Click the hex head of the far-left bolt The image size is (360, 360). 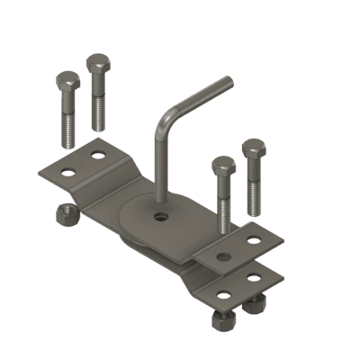(x=67, y=82)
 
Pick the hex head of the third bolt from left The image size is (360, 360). (x=223, y=166)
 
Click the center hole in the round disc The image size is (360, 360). (x=160, y=217)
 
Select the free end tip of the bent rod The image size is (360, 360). (x=229, y=83)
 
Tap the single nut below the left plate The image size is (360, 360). (x=65, y=214)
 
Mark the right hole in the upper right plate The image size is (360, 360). (x=255, y=240)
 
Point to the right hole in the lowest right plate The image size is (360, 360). (x=255, y=275)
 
